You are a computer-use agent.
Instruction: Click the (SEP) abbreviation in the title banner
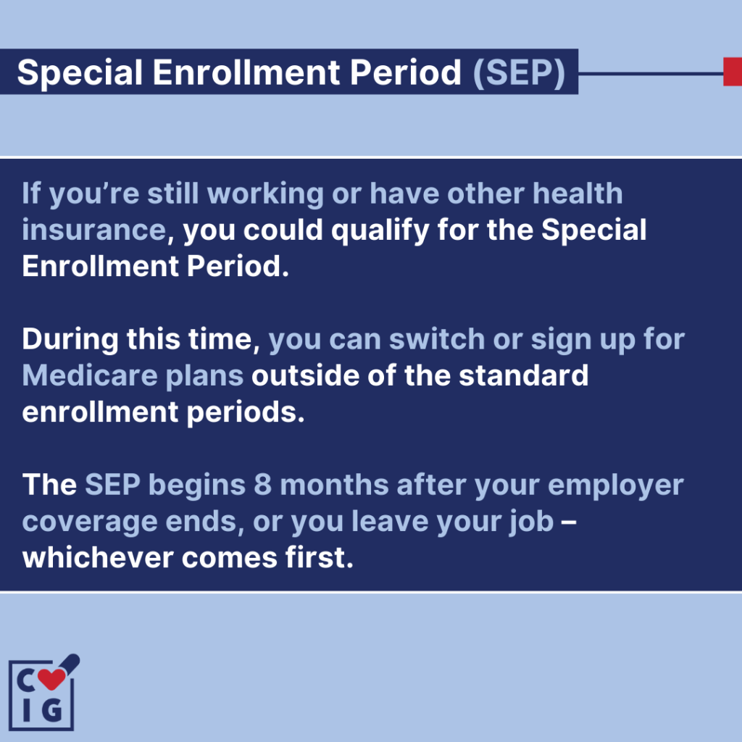[519, 73]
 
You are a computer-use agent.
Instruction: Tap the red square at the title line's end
[733, 72]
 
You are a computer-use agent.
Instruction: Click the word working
[265, 194]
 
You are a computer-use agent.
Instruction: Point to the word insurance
[94, 230]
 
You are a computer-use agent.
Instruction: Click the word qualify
[380, 231]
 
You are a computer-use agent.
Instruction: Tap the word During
[70, 340]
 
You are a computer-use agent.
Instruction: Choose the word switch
[437, 339]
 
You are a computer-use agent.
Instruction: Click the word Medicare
[90, 376]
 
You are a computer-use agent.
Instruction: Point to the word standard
[523, 376]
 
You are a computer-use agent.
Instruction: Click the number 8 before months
[262, 485]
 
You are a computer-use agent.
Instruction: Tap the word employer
[616, 486]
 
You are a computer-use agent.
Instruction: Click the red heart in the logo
[51, 679]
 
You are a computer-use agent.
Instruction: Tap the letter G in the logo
[51, 710]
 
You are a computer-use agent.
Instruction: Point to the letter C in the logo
[27, 680]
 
